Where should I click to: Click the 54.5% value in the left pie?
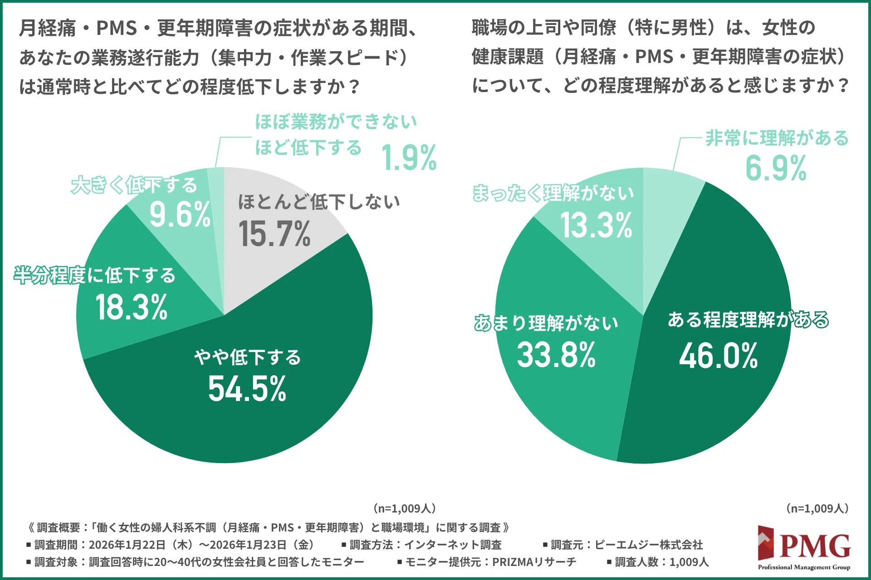247,389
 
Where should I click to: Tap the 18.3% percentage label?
132,307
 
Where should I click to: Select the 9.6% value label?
180,214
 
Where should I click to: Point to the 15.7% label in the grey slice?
274,234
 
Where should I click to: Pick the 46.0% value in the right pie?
718,356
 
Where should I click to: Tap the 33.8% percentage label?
556,355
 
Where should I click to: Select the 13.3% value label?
596,225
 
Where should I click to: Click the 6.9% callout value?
776,168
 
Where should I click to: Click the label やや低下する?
247,357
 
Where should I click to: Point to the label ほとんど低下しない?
319,202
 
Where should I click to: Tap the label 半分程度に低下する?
94,275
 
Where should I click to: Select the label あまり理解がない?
546,323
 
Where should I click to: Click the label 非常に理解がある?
777,138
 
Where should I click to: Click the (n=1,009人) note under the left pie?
404,508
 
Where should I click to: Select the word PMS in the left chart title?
117,29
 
